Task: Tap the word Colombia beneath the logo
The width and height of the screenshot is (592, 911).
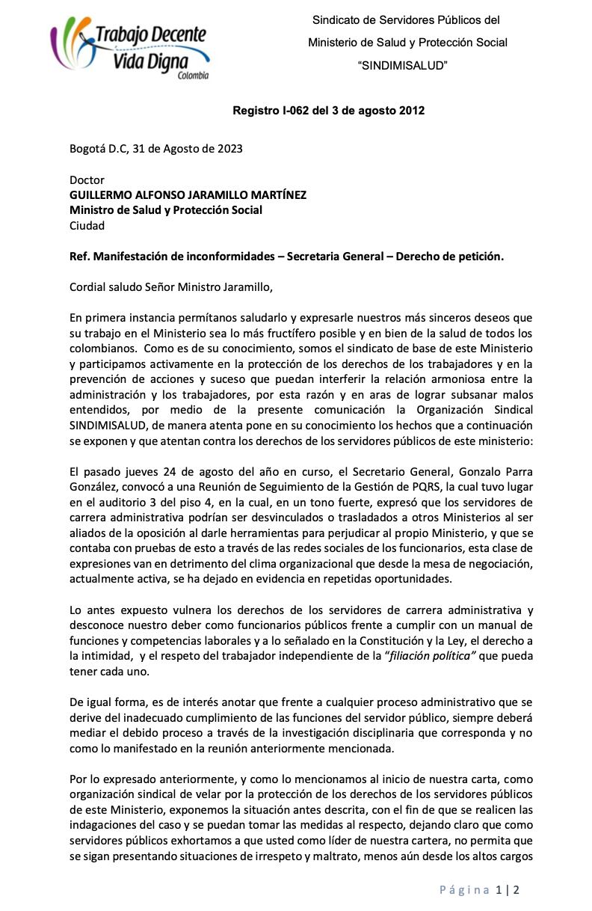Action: [x=193, y=76]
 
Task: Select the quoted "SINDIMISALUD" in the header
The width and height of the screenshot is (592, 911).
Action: [x=403, y=66]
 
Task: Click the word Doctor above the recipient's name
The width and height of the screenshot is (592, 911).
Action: [x=87, y=180]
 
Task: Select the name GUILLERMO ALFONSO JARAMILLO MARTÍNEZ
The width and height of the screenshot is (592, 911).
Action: [x=188, y=195]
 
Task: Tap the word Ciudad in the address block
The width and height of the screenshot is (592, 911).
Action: [x=87, y=225]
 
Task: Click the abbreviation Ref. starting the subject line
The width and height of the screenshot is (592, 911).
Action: [x=79, y=257]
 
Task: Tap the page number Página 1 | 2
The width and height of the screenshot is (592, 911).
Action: [x=479, y=889]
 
